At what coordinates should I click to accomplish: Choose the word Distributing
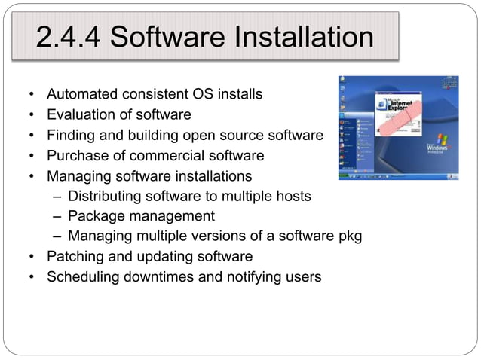coord(109,197)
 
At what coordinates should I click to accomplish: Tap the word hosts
coord(293,197)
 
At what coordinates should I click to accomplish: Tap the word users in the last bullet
coord(302,277)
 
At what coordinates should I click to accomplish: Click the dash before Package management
coord(59,217)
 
